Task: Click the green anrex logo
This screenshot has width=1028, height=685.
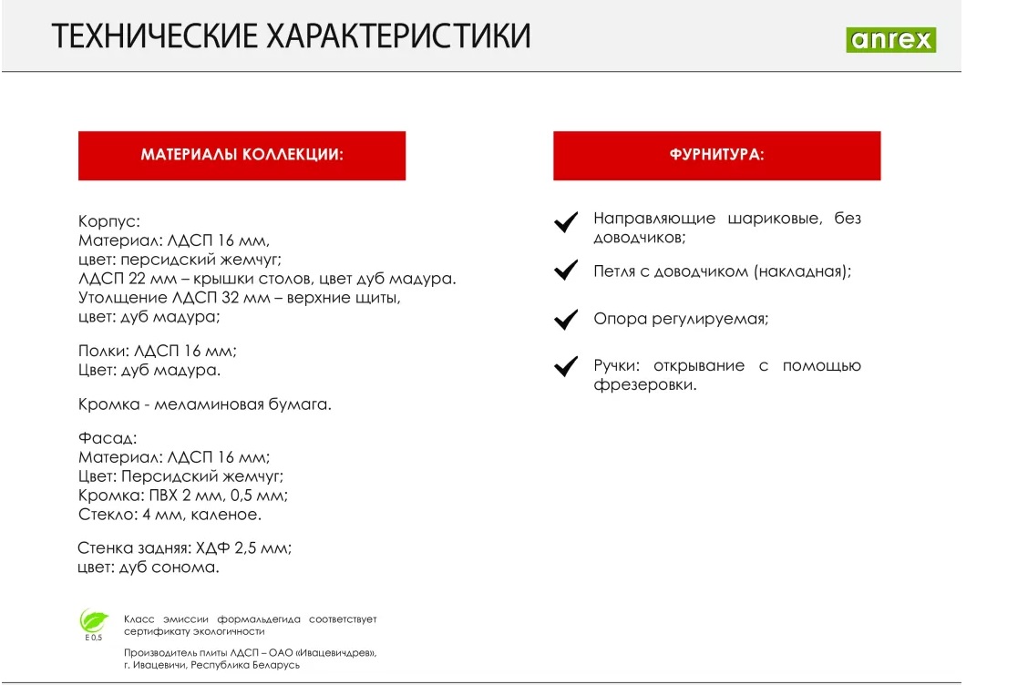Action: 890,40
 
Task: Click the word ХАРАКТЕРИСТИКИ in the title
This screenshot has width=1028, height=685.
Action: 398,36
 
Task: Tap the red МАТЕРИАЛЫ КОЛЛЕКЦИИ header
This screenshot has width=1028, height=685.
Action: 242,155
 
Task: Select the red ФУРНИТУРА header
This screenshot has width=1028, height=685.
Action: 716,155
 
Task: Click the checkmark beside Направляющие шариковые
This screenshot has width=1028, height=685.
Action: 567,222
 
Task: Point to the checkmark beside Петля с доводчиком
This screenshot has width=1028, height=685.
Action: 567,271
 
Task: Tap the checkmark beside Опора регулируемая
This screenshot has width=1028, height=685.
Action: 567,319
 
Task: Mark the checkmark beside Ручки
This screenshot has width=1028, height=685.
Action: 567,366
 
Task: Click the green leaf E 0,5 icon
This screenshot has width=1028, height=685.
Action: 93,623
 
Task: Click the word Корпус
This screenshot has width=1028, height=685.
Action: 108,221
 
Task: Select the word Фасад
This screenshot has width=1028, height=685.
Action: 107,438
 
